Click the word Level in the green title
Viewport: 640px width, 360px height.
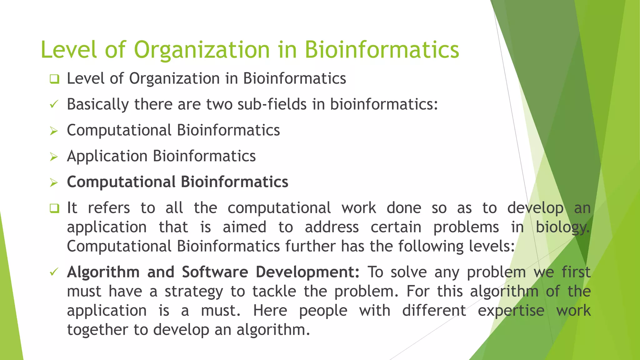pyautogui.click(x=69, y=50)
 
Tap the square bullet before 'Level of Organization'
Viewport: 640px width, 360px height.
pyautogui.click(x=54, y=79)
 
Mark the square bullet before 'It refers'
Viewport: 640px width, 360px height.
pyautogui.click(x=54, y=208)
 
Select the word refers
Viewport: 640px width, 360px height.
pyautogui.click(x=109, y=208)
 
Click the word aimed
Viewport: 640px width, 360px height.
pyautogui.click(x=244, y=227)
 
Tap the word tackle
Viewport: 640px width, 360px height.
pyautogui.click(x=274, y=292)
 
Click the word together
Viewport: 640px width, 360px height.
pyautogui.click(x=98, y=330)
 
